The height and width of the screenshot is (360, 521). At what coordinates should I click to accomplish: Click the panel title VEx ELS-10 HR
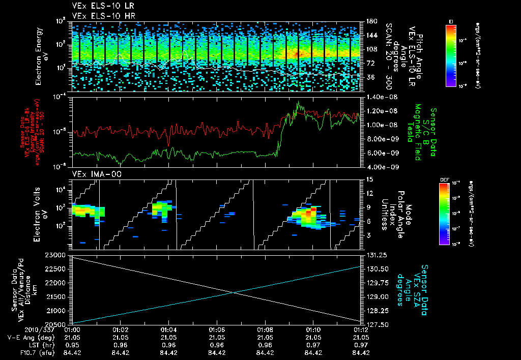coord(98,16)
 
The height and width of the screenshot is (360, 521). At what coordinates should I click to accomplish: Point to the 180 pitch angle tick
coord(370,21)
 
